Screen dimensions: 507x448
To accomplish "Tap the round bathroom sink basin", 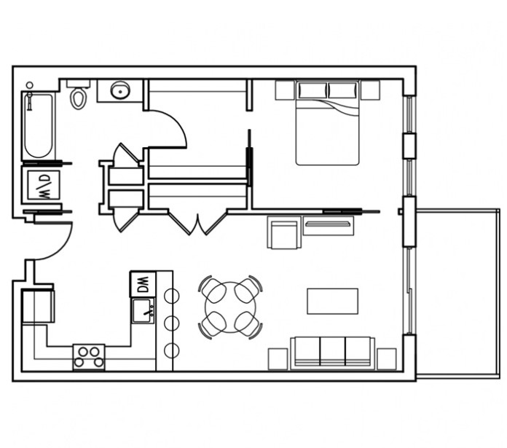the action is pyautogui.click(x=120, y=90).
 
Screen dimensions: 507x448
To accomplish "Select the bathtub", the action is pyautogui.click(x=39, y=126).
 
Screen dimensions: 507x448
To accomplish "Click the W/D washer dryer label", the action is pyautogui.click(x=44, y=186).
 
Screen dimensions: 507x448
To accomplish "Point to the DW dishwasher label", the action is pyautogui.click(x=143, y=284).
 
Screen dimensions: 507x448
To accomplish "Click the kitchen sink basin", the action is pyautogui.click(x=143, y=310).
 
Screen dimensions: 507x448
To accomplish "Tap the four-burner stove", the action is pyautogui.click(x=89, y=357).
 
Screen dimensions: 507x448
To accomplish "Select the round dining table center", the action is pyautogui.click(x=230, y=307).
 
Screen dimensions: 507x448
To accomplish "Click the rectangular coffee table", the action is pyautogui.click(x=332, y=301).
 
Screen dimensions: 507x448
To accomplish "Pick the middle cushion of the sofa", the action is pyautogui.click(x=333, y=352).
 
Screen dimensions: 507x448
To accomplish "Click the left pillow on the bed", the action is pyautogui.click(x=313, y=90).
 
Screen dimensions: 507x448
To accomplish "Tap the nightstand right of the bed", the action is pyautogui.click(x=370, y=90).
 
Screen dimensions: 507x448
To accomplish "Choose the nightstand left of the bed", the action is pyautogui.click(x=285, y=90).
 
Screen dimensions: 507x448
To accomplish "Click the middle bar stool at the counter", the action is pyautogui.click(x=172, y=323).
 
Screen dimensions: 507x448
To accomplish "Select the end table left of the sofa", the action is pyautogui.click(x=278, y=359).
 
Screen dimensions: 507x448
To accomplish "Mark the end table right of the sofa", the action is pyautogui.click(x=387, y=359).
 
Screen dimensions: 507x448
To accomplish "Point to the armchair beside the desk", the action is pyautogui.click(x=283, y=232).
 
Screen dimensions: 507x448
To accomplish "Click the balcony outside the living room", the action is pyautogui.click(x=457, y=293).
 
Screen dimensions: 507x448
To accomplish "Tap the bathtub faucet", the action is pyautogui.click(x=30, y=96).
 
